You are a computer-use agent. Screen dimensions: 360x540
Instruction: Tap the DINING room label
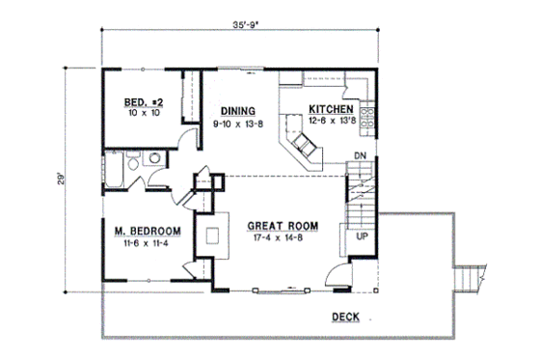click(237, 109)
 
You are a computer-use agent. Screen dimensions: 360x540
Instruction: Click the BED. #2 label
click(145, 102)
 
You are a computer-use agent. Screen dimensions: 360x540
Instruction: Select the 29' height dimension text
click(59, 180)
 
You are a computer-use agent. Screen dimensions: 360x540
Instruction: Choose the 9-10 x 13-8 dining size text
click(237, 122)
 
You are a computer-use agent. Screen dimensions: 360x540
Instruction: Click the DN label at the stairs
click(359, 155)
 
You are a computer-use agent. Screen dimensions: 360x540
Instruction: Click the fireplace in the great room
click(212, 235)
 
